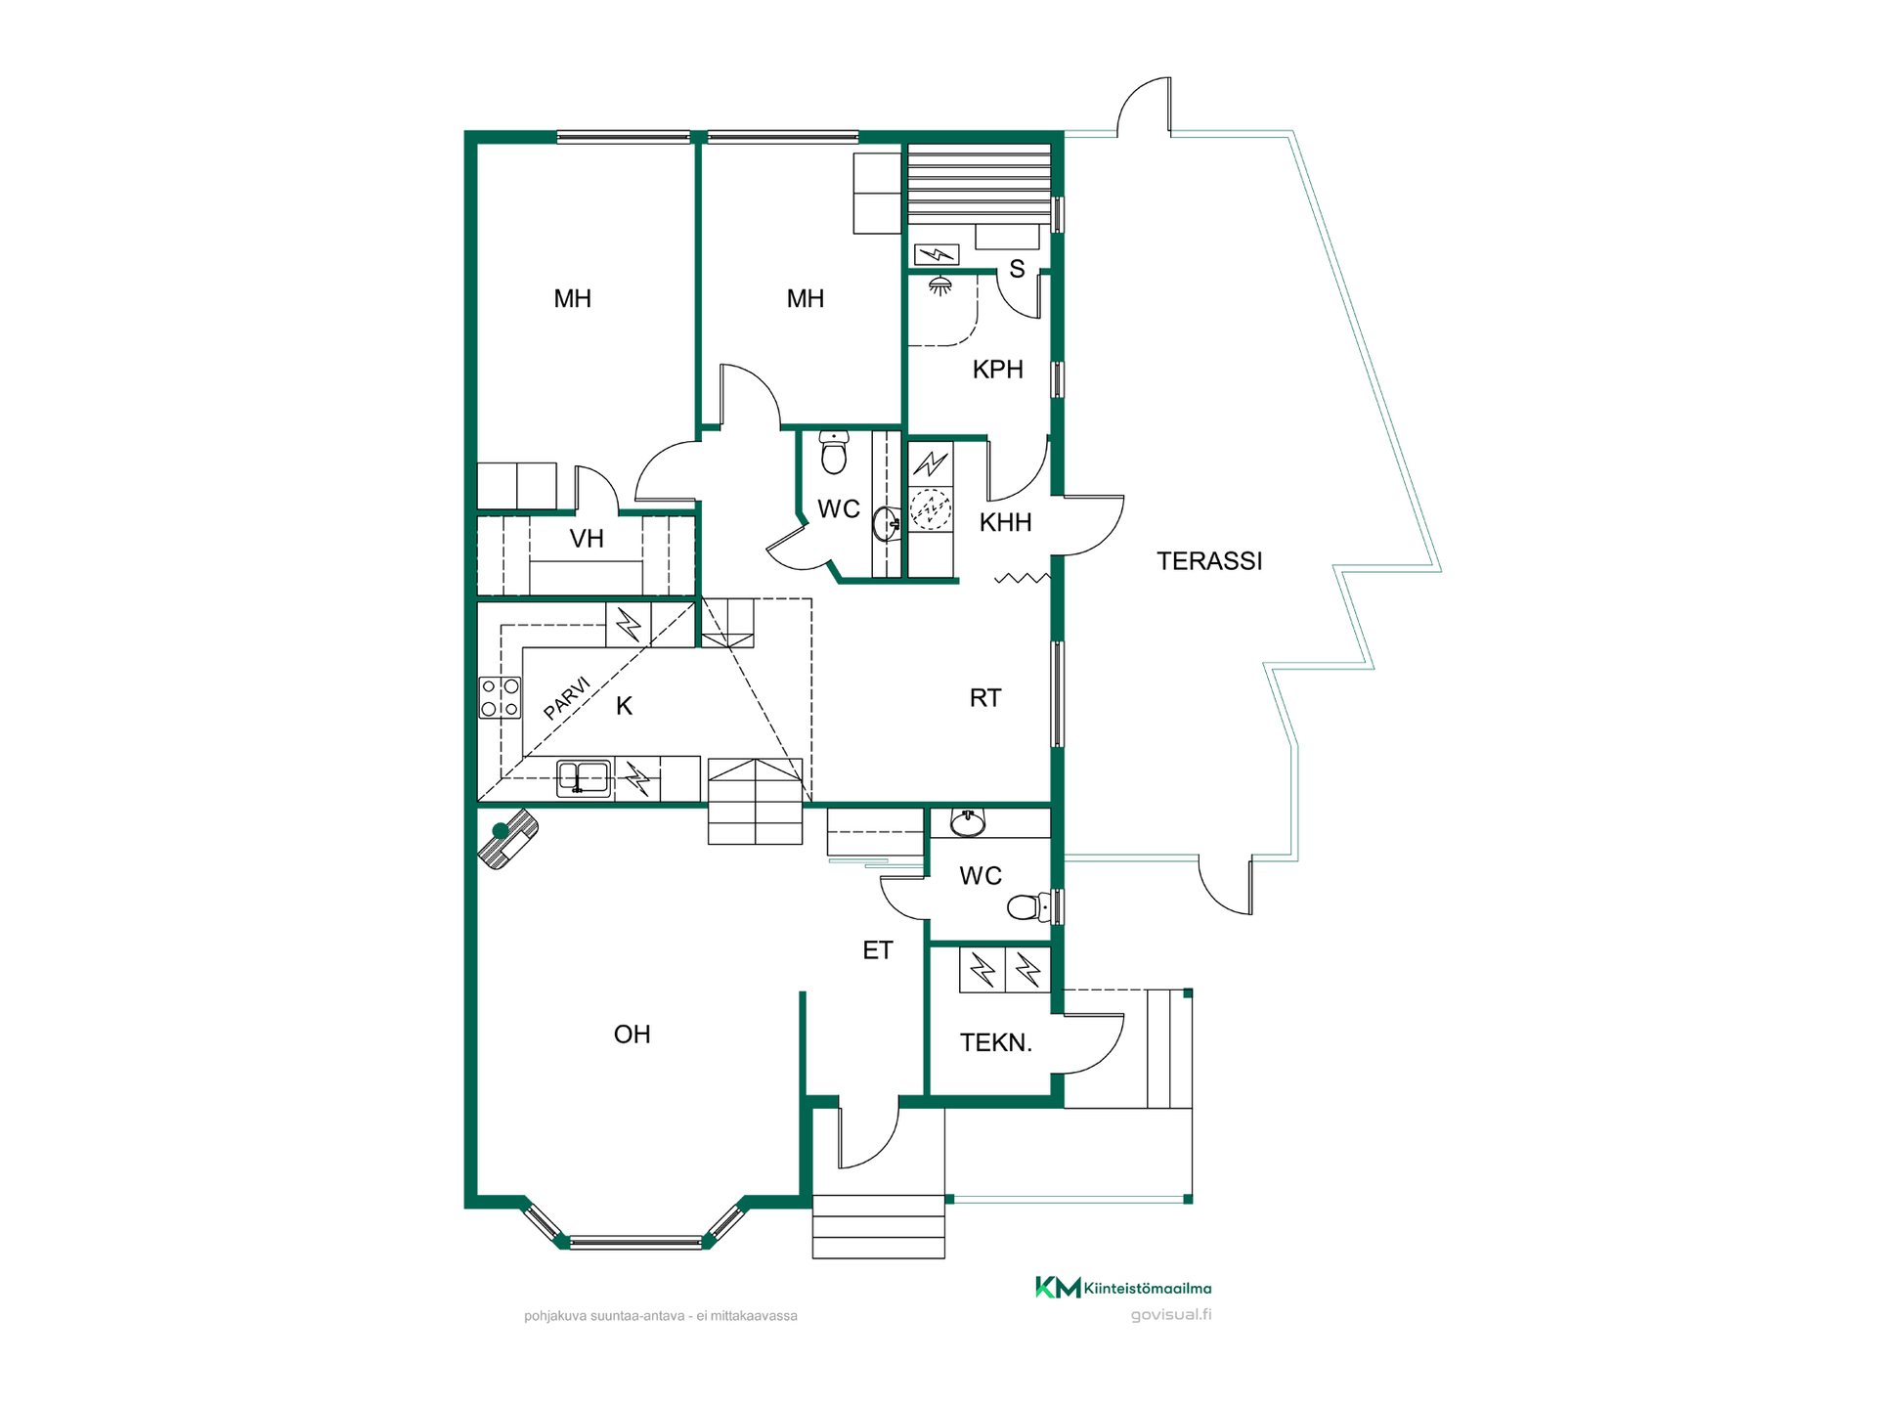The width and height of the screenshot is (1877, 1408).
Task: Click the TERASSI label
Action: coord(1209,561)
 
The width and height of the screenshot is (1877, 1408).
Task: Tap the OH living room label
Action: coord(632,1034)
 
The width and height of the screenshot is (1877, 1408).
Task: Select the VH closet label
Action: coord(587,539)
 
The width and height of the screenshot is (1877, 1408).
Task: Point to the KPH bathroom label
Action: coord(997,370)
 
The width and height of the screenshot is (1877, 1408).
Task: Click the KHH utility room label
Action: coord(1005,523)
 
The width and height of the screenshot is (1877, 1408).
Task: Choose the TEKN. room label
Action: coord(996,1043)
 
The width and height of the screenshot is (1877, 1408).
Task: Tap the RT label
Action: coord(985,698)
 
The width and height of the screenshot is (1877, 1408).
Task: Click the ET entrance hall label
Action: coord(878,950)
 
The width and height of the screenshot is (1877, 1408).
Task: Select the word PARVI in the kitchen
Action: coord(567,698)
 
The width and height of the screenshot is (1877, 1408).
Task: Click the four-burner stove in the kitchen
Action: coord(500,698)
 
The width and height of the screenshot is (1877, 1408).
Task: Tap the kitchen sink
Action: coord(584,778)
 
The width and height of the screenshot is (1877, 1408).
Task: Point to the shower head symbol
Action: coord(940,286)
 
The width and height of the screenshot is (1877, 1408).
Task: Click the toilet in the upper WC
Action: coord(834,452)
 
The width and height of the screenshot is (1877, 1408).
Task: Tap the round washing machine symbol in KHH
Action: coord(931,508)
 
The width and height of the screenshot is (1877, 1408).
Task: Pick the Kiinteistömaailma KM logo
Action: coord(1123,1288)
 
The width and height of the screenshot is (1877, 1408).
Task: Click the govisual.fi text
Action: coord(1171,1315)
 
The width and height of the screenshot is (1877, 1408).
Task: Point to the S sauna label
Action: coord(1018,269)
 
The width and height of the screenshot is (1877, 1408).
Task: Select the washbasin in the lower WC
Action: coord(968,823)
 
